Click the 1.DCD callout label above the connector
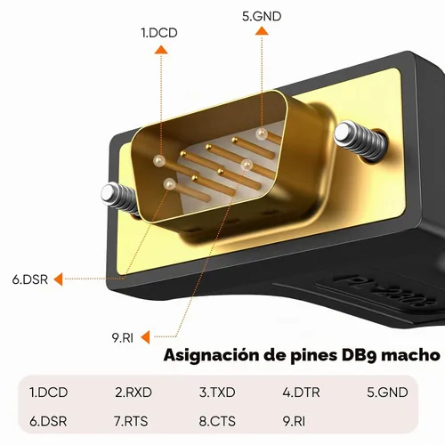tap(159, 33)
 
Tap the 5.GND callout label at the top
tap(262, 16)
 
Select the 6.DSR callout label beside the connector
tap(30, 279)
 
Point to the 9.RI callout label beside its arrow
tap(123, 338)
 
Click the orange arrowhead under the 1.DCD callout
tap(161, 50)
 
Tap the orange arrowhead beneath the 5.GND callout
tap(262, 31)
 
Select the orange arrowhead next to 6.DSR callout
tap(59, 279)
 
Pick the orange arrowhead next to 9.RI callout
tap(145, 337)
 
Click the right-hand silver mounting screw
tap(360, 141)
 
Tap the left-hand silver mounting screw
tap(120, 198)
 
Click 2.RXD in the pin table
tap(133, 392)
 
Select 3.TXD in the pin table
tap(217, 392)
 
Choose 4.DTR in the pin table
tap(301, 392)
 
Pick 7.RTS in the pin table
tap(131, 421)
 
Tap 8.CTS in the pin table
tap(217, 421)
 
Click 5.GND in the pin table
tap(387, 392)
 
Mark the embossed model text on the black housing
tap(385, 292)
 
